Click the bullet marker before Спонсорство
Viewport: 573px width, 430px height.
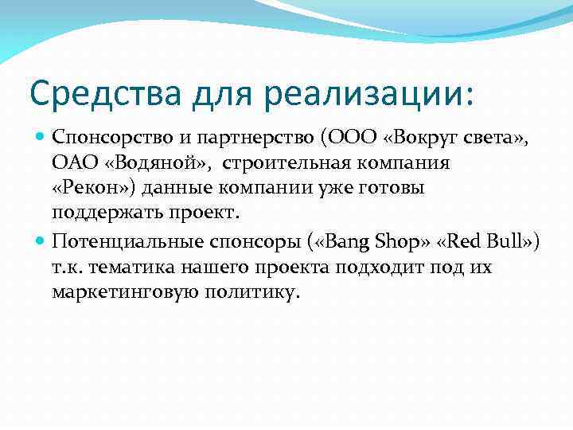(x=41, y=138)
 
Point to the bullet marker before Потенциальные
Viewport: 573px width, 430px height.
(x=41, y=241)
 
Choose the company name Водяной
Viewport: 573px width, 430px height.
(x=158, y=163)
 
